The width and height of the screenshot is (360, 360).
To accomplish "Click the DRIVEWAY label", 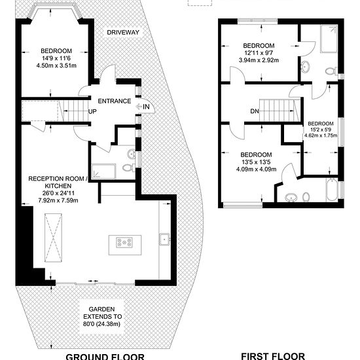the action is pyautogui.click(x=123, y=32).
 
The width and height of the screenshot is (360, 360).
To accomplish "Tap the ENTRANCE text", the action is pyautogui.click(x=115, y=101).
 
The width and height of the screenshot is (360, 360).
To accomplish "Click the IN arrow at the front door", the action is pyautogui.click(x=139, y=107).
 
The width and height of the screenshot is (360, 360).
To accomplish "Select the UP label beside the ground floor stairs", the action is pyautogui.click(x=92, y=111).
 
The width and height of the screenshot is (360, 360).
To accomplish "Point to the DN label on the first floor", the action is pyautogui.click(x=255, y=111).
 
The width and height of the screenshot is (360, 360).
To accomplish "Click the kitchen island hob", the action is pyautogui.click(x=124, y=243).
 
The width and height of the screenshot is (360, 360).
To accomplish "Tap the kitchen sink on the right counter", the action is pyautogui.click(x=164, y=240).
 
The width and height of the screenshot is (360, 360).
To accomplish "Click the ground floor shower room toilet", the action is pyautogui.click(x=129, y=168).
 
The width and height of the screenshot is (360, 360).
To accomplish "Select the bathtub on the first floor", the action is pyautogui.click(x=332, y=190).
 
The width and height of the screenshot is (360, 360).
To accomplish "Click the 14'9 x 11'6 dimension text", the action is pyautogui.click(x=56, y=58).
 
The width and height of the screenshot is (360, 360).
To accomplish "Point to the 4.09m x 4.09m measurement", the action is pyautogui.click(x=256, y=170).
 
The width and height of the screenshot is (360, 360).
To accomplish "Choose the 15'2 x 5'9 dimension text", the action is pyautogui.click(x=321, y=130).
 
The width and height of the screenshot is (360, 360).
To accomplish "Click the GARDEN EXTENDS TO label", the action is pyautogui.click(x=102, y=313).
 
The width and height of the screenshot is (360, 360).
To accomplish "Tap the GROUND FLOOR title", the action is pyautogui.click(x=105, y=357).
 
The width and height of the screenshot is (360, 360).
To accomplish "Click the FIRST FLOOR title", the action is pyautogui.click(x=273, y=355).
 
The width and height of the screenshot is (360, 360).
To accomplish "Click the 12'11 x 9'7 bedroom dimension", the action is pyautogui.click(x=259, y=53).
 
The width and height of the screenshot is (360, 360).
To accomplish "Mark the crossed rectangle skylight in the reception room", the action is pyautogui.click(x=53, y=238).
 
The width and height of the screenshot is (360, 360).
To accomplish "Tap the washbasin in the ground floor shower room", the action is pyautogui.click(x=132, y=153).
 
